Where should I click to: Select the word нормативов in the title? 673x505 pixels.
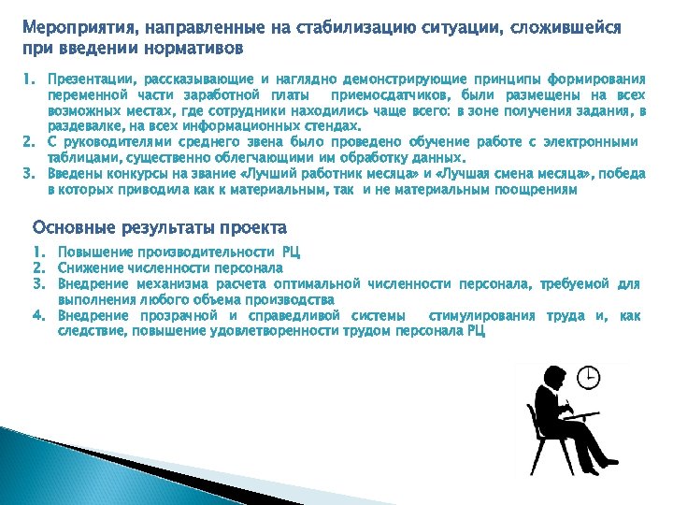click(x=195, y=47)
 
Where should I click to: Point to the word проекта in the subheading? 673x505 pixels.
click(x=258, y=227)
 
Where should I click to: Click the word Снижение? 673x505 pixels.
click(x=89, y=267)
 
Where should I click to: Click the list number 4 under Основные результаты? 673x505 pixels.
click(x=38, y=315)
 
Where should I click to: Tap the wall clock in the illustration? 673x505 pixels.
click(x=588, y=377)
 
